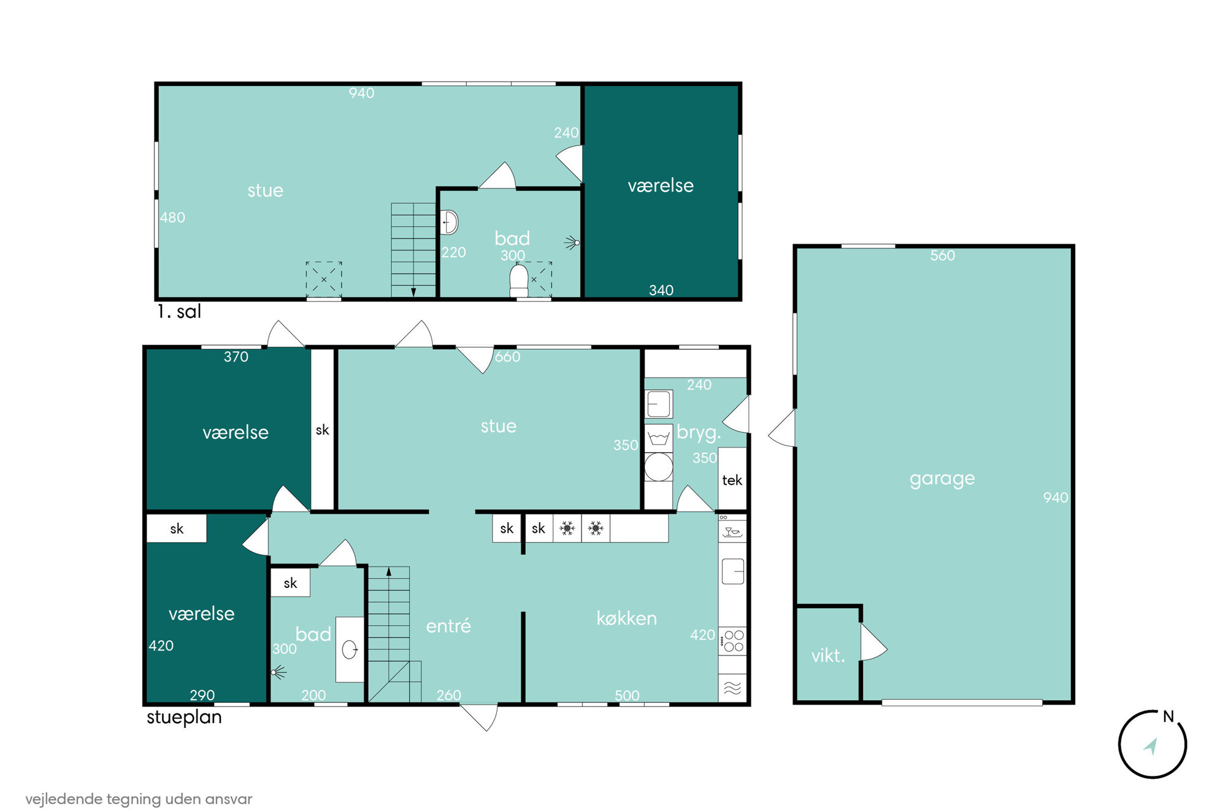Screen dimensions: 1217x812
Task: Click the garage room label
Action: point(942,479)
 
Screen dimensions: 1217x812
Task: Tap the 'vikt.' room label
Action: point(828,655)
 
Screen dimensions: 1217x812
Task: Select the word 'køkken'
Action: point(626,618)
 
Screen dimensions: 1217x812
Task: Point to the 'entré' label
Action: point(448,625)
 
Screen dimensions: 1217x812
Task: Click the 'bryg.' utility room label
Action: point(698,433)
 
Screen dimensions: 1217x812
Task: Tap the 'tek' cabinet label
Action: point(732,480)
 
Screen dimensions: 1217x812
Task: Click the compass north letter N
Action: point(1169,716)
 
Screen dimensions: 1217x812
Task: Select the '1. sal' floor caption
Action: point(179,311)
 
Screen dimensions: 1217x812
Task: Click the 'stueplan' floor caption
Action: point(184,717)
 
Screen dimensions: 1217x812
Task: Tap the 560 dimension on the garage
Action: point(942,255)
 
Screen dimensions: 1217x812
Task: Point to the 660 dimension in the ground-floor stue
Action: point(507,357)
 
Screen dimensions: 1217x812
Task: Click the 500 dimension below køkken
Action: point(627,695)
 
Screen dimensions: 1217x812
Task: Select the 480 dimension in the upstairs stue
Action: point(172,217)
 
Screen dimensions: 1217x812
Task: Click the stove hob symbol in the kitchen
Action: point(732,641)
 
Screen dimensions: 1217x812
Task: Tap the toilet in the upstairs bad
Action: point(519,280)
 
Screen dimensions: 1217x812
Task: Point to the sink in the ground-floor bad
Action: point(350,649)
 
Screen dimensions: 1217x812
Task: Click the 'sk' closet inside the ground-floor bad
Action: point(290,583)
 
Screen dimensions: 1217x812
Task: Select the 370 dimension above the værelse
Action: point(236,357)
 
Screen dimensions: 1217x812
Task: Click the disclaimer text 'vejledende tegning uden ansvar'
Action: point(139,799)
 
